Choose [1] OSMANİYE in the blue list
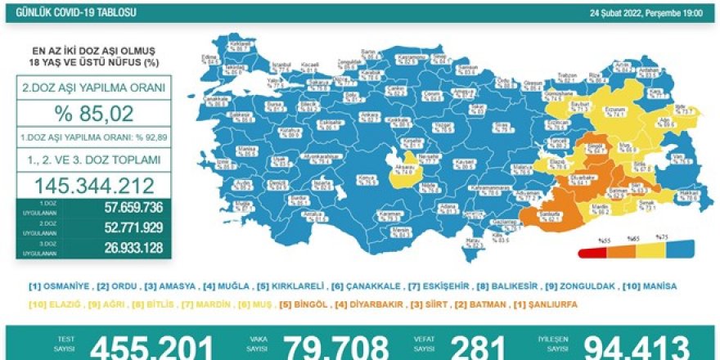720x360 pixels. point(58,286)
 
